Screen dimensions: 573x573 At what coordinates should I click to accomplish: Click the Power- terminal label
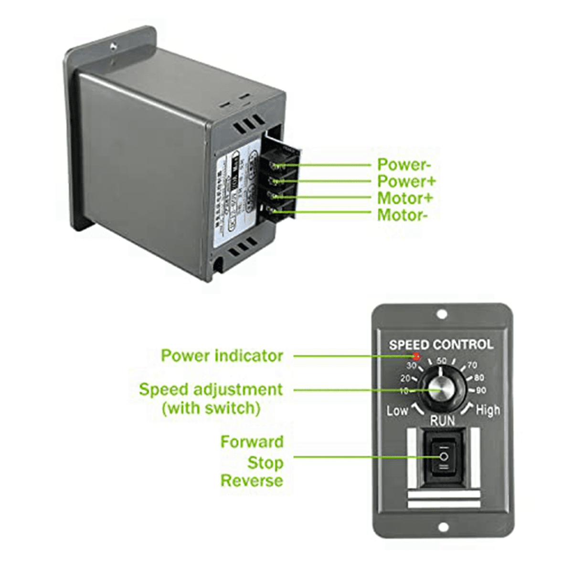[x=404, y=164]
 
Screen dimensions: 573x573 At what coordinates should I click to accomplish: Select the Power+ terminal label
[x=406, y=181]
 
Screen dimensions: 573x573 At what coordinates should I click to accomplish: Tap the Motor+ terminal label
[x=405, y=198]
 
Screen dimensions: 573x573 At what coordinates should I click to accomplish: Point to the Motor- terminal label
[x=403, y=215]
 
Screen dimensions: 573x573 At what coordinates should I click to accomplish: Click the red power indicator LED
[x=416, y=356]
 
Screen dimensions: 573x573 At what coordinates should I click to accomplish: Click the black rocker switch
[x=444, y=457]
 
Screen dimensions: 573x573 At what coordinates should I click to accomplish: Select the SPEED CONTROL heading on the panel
[x=441, y=344]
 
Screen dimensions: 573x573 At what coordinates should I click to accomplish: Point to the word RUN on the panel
[x=443, y=421]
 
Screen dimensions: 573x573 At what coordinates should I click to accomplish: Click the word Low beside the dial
[x=397, y=411]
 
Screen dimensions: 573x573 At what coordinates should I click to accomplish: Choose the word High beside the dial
[x=488, y=410]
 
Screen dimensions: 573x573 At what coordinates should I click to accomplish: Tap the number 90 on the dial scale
[x=481, y=391]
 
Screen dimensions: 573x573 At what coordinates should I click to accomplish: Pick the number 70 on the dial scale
[x=472, y=365]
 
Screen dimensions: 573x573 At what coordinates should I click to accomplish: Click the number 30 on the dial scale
[x=411, y=366]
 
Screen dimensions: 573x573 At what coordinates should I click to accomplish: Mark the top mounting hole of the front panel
[x=442, y=314]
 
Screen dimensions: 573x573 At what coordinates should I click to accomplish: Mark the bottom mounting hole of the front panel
[x=443, y=527]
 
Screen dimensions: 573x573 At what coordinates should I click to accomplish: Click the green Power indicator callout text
[x=222, y=356]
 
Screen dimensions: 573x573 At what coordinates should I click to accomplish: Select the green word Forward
[x=252, y=442]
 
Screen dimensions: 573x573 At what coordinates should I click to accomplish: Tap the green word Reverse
[x=252, y=480]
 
